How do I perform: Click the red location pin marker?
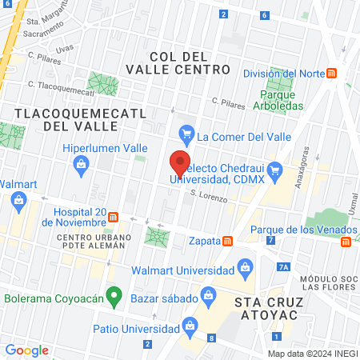180,162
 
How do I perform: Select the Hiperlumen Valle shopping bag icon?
81,165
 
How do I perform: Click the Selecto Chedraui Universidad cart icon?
274,169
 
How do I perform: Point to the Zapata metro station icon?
228,240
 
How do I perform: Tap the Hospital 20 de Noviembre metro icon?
114,216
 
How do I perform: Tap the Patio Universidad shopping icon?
190,325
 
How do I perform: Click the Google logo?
26,350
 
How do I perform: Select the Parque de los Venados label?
294,230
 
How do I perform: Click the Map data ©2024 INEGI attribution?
312,354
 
